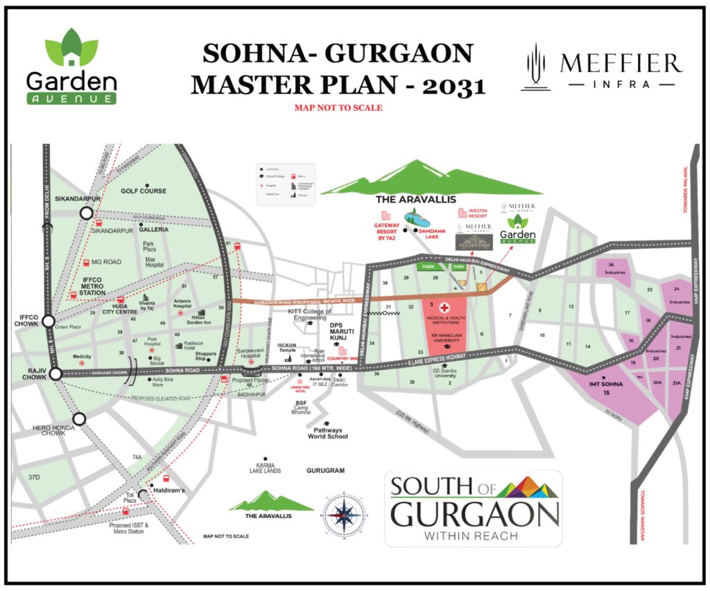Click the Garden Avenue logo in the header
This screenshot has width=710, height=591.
click(71, 67)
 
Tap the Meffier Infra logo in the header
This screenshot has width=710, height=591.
click(600, 67)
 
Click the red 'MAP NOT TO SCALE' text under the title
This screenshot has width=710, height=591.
click(338, 108)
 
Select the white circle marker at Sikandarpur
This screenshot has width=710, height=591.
click(87, 214)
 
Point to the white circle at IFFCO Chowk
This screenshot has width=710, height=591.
click(48, 321)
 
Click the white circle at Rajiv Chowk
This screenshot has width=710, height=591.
click(55, 374)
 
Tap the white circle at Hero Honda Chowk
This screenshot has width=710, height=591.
click(79, 418)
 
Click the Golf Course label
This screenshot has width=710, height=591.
click(144, 191)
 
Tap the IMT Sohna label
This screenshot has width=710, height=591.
click(605, 388)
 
